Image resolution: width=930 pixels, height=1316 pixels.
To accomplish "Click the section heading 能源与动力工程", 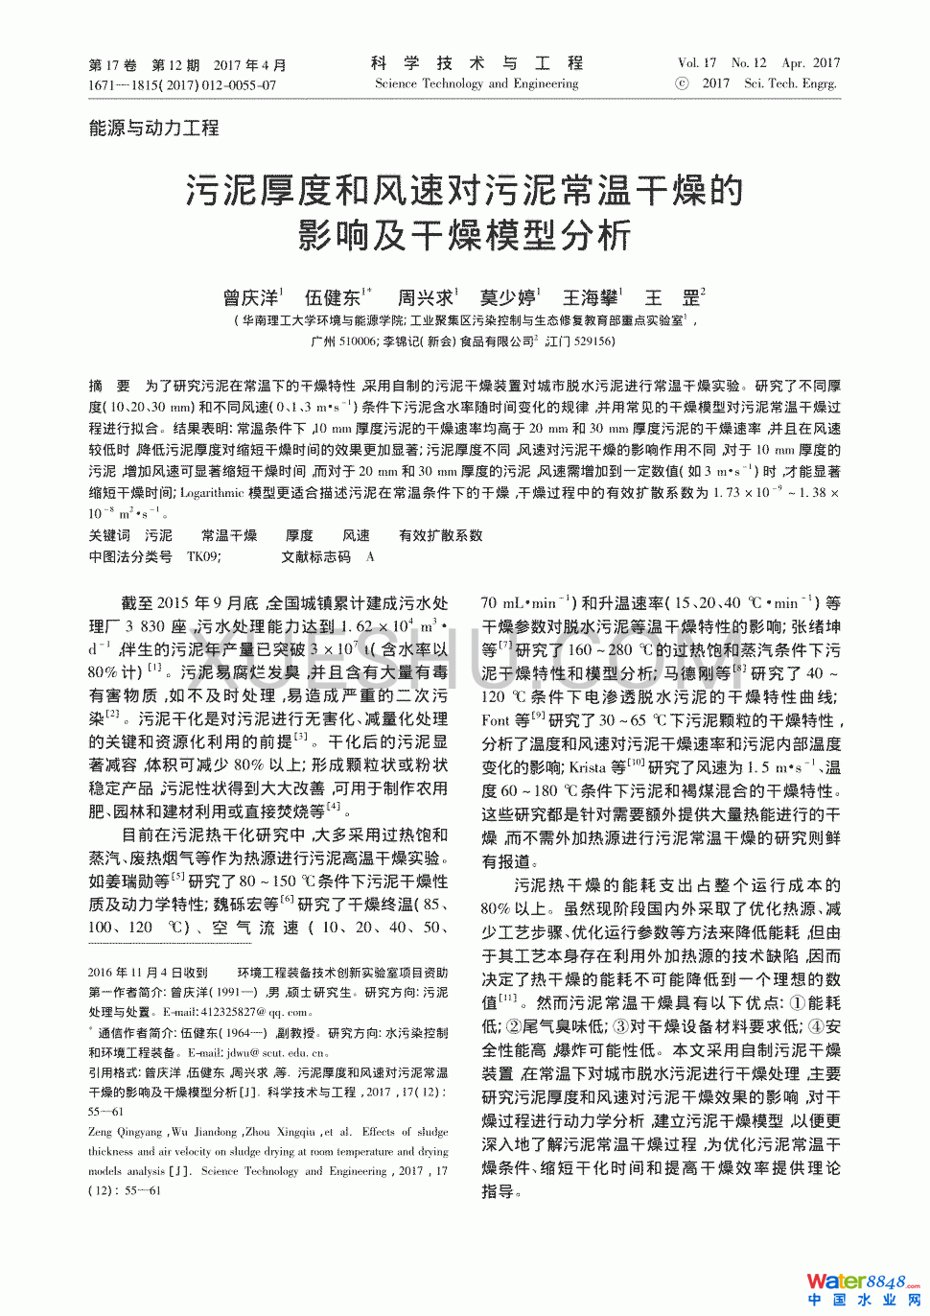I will (153, 128).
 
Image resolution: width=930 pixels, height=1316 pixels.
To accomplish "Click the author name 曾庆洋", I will (250, 298).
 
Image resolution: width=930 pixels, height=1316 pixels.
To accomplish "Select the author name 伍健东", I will (332, 298).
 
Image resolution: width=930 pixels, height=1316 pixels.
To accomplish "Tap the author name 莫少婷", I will (507, 298).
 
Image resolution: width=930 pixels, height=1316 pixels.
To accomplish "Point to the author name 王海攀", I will (589, 298).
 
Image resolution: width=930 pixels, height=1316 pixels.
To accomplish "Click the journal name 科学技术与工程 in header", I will (477, 63).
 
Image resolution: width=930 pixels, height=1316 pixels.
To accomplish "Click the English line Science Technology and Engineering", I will (477, 83).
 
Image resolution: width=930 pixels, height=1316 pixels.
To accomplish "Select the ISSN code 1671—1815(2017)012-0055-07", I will (182, 84).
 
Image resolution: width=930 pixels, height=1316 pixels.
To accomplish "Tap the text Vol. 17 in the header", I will (696, 63).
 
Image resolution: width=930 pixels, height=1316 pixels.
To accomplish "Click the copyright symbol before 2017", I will (682, 83).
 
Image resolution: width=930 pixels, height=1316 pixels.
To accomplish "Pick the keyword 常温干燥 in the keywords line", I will (229, 535).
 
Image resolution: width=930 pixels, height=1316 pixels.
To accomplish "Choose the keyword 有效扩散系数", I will (440, 535).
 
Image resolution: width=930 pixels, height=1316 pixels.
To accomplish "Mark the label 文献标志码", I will (316, 556).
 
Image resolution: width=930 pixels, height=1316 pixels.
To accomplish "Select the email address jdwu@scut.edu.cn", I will (278, 1052).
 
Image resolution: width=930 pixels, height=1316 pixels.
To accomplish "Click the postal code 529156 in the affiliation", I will (593, 341).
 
